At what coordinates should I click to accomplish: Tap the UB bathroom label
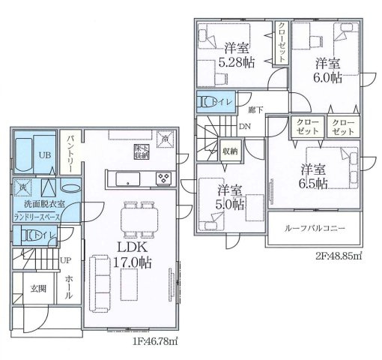(x=45, y=154)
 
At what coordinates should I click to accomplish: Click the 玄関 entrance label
(x=39, y=288)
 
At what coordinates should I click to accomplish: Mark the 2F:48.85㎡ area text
(x=333, y=256)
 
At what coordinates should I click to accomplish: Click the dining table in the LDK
(x=139, y=217)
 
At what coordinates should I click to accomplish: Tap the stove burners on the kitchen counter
(x=163, y=178)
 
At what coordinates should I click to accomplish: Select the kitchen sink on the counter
(x=126, y=179)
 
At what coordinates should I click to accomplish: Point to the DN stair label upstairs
(x=244, y=127)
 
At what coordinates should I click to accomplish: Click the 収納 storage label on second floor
(x=230, y=151)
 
